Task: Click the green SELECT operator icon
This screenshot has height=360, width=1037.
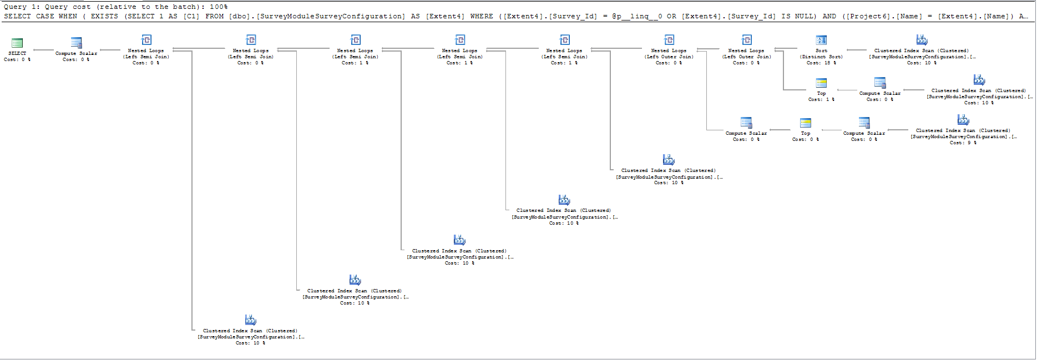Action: [17, 43]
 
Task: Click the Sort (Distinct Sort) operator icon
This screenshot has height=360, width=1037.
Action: [821, 40]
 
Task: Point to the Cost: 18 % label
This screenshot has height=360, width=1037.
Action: [821, 63]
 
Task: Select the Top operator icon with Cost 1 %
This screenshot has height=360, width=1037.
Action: [821, 83]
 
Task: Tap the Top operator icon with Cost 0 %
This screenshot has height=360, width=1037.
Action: [806, 123]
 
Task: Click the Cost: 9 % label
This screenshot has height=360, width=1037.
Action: [963, 143]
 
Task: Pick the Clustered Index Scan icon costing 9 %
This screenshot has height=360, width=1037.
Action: [963, 120]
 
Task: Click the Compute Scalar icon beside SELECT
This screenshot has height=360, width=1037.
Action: [77, 43]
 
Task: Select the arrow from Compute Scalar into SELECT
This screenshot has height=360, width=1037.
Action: [43, 50]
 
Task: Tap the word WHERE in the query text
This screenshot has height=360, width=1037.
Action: [482, 17]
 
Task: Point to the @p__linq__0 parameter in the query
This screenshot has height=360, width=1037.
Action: [636, 17]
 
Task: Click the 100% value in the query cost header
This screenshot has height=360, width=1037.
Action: [219, 7]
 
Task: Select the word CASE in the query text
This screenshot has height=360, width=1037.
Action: [45, 17]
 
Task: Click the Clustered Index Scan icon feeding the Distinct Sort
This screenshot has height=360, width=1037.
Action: [922, 40]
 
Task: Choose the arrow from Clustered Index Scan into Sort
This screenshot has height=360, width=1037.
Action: [857, 50]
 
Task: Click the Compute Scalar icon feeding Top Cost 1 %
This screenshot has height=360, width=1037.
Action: [880, 83]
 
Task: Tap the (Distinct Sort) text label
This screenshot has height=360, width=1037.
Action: [821, 57]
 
